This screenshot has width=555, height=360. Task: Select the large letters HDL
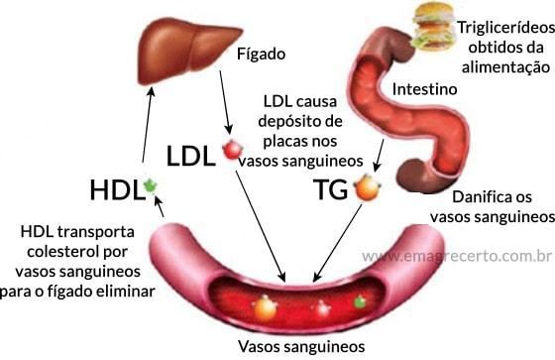click(115, 189)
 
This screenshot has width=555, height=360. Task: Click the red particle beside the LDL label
click(232, 151)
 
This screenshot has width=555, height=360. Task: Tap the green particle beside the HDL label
click(151, 185)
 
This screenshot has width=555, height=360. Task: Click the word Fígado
click(260, 52)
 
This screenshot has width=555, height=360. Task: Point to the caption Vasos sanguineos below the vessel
click(301, 346)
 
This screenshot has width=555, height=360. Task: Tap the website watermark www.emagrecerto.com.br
click(456, 257)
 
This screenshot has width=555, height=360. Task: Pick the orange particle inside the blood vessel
click(265, 307)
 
